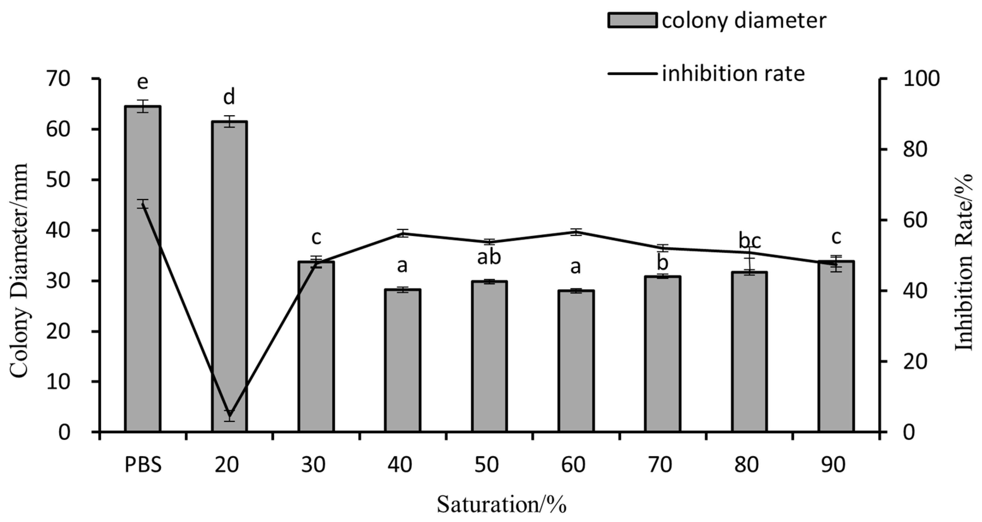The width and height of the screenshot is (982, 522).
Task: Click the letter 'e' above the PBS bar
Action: (143, 82)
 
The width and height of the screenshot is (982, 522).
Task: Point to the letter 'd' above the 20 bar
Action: (229, 97)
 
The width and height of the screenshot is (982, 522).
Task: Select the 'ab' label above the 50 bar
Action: (489, 257)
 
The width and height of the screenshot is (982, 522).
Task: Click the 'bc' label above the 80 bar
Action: (750, 241)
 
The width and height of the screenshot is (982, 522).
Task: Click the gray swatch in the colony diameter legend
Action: (632, 20)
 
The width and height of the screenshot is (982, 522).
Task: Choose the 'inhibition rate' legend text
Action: (733, 73)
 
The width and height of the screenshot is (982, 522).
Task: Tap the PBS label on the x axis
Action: (143, 465)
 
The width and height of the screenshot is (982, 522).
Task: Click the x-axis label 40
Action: (400, 465)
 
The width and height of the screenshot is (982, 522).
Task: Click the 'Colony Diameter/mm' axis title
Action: (18, 271)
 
